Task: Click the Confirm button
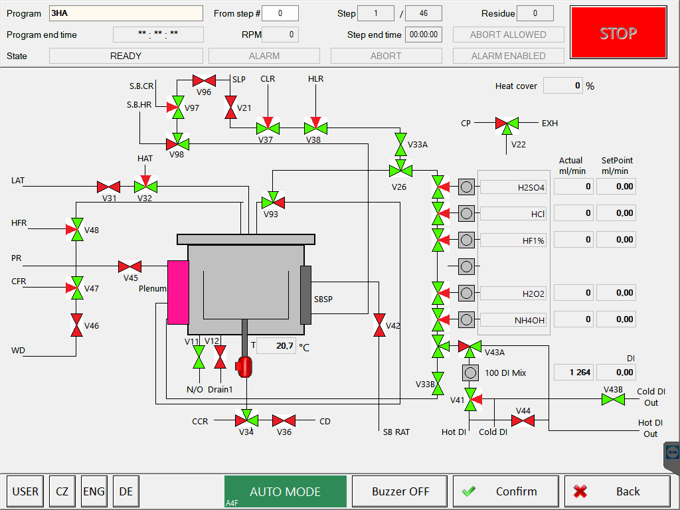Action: (505, 491)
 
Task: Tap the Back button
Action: (617, 491)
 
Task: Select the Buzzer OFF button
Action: (400, 491)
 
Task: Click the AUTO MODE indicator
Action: (285, 491)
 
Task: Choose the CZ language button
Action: (62, 491)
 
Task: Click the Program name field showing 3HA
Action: (126, 13)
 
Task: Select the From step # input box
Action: (280, 13)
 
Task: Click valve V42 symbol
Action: (379, 325)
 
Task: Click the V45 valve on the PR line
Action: (129, 267)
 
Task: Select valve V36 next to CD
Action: (284, 420)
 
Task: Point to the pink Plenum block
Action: (178, 292)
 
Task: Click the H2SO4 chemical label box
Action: (513, 187)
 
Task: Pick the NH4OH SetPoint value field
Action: (616, 319)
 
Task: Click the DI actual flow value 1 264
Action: (572, 373)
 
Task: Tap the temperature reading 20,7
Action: (276, 345)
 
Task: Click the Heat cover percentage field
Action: (562, 86)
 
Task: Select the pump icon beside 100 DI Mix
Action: (470, 373)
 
